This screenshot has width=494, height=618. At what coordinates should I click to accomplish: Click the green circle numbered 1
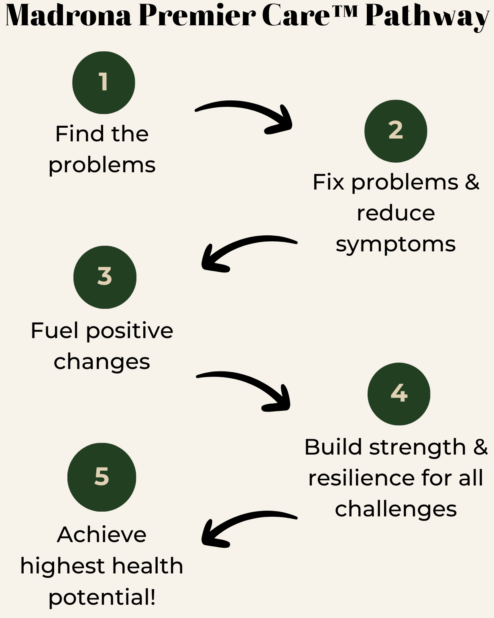pos(104,83)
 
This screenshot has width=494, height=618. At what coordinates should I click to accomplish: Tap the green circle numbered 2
pos(396,131)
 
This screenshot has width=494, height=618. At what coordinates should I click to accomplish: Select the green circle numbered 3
pos(105,277)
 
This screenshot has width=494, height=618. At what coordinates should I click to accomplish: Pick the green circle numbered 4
pos(399,394)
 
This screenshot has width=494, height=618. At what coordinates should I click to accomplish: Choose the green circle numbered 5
pos(102,477)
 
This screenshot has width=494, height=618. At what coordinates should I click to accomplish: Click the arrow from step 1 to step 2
pos(245,110)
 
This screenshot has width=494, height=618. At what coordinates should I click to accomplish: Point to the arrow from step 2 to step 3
pos(245,245)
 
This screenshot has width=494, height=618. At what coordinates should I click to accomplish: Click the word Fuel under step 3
pos(55,331)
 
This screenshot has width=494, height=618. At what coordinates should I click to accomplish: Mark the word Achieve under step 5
pos(102,535)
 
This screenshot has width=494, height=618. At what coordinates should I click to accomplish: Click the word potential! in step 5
pos(102,598)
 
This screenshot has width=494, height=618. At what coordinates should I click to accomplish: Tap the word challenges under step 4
pos(396,510)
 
